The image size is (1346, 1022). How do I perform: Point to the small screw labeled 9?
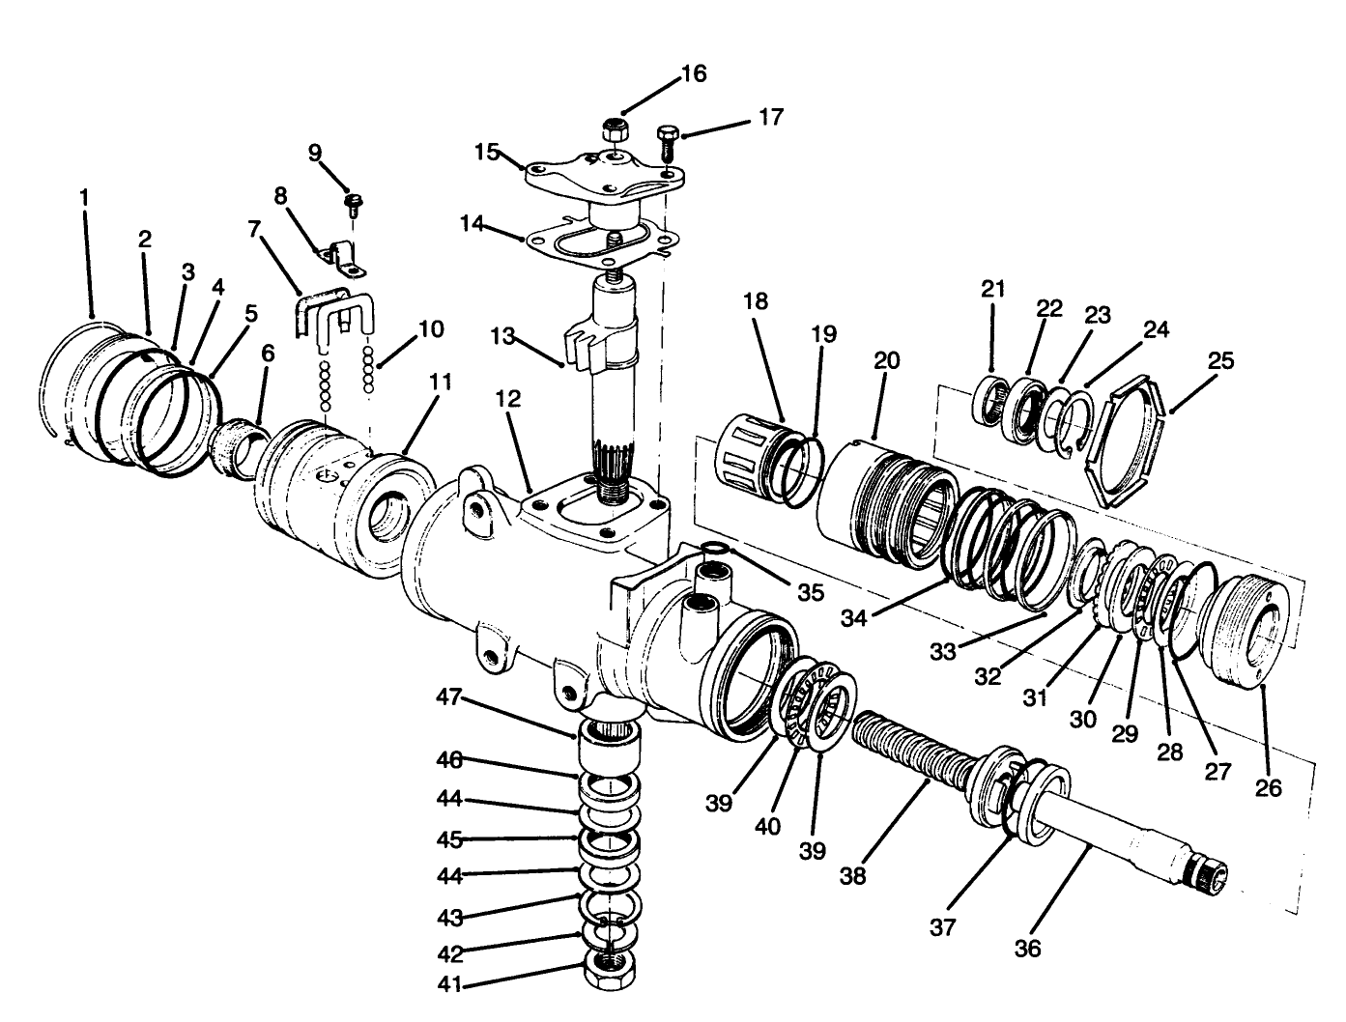tap(354, 204)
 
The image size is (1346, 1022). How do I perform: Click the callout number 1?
tap(84, 197)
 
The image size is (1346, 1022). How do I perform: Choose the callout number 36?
tap(1028, 950)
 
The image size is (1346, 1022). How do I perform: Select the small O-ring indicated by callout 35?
tap(714, 551)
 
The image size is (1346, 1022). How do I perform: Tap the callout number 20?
tap(886, 361)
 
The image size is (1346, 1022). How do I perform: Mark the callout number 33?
tap(942, 651)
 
